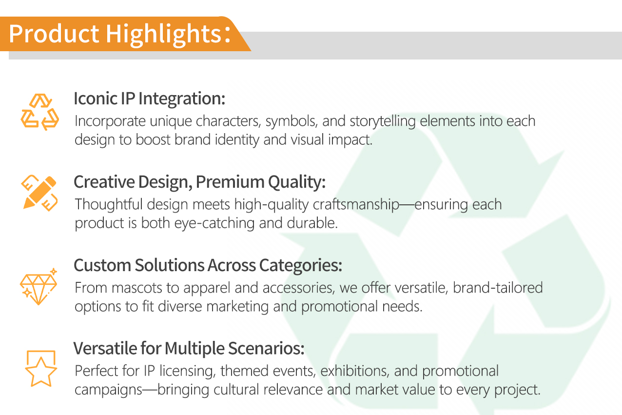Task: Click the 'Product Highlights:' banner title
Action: [x=120, y=34]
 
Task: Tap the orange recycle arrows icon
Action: [x=39, y=112]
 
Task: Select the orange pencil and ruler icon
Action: [x=39, y=193]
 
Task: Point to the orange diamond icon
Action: [x=39, y=286]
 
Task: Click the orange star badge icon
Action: [x=41, y=368]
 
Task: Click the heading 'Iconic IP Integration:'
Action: [x=149, y=99]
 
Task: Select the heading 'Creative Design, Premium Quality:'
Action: [x=199, y=182]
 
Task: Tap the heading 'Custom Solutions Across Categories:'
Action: [x=208, y=265]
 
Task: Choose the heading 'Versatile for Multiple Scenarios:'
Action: [x=189, y=348]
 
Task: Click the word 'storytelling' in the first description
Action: [x=382, y=121]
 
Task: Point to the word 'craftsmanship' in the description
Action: [x=356, y=205]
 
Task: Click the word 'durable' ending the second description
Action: [x=312, y=223]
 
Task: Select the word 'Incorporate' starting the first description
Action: [x=110, y=121]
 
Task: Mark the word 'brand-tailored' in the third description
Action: [x=498, y=288]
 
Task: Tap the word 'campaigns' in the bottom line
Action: [x=109, y=390]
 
